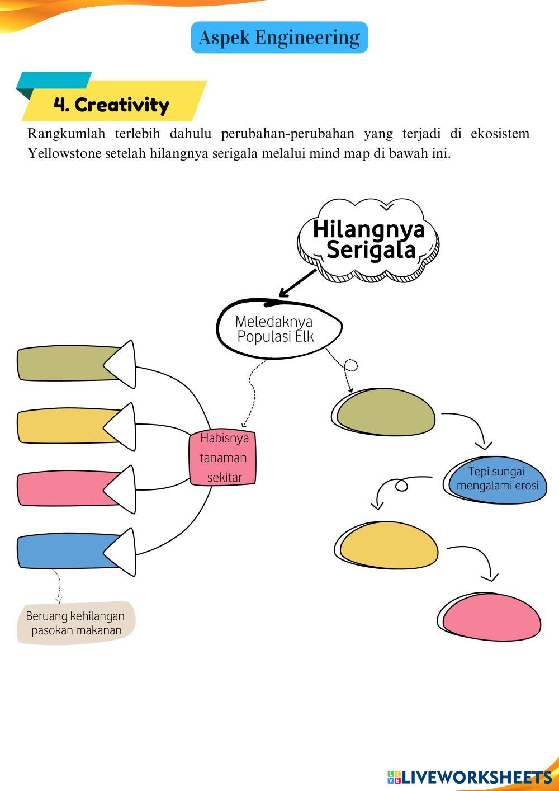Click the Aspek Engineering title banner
pyautogui.click(x=279, y=37)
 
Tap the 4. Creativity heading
pyautogui.click(x=112, y=104)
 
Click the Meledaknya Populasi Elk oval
pyautogui.click(x=278, y=329)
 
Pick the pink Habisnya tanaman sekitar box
pyautogui.click(x=223, y=458)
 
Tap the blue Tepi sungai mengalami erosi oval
pyautogui.click(x=497, y=479)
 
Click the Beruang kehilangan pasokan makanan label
pyautogui.click(x=76, y=623)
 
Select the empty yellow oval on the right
pyautogui.click(x=389, y=545)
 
